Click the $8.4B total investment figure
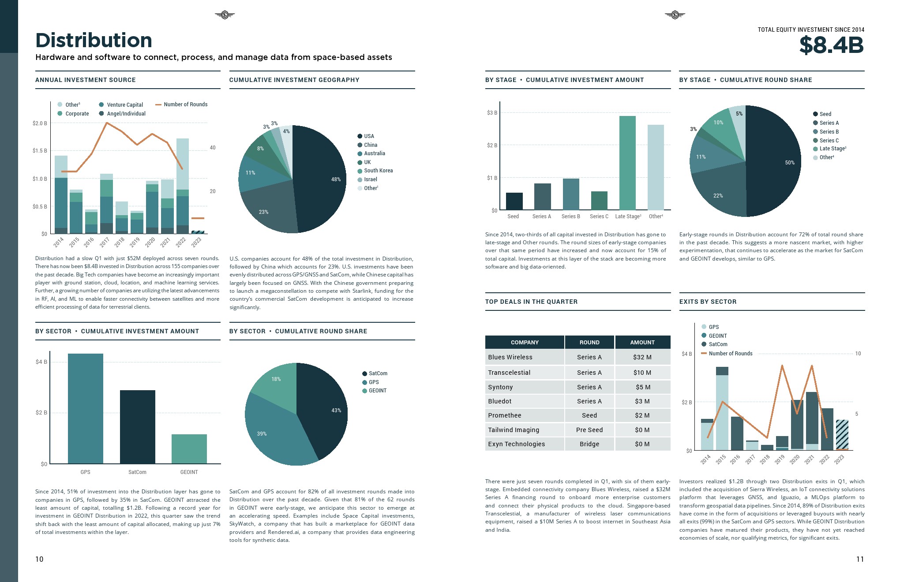pos(831,45)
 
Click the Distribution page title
pos(94,41)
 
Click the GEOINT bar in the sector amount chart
pos(189,448)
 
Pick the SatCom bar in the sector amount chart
pos(137,426)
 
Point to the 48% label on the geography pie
pos(336,179)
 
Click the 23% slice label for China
pos(263,212)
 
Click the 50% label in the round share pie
pos(790,163)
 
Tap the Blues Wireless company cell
pos(510,357)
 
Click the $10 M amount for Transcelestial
pos(642,373)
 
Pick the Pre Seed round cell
pos(589,430)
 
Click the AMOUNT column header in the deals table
pos(642,342)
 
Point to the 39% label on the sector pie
pos(262,434)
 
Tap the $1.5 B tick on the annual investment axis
pos(40,151)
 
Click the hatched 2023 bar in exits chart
pos(842,434)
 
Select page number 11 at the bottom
pos(860,559)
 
